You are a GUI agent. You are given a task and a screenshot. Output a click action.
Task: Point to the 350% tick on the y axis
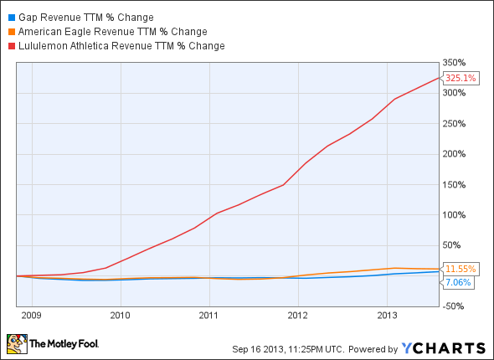tap(455, 63)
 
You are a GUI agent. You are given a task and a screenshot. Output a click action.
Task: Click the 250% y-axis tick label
tap(455, 123)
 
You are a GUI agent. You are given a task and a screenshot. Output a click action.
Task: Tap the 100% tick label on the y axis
tap(455, 214)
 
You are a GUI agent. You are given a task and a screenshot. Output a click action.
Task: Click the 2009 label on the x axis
tap(31, 316)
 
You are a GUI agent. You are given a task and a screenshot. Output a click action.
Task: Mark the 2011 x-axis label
tap(208, 316)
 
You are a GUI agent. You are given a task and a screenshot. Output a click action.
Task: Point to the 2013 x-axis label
tap(386, 316)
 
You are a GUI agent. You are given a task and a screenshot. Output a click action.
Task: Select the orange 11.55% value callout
tap(460, 269)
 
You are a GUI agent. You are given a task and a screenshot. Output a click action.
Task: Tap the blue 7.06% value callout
tap(457, 283)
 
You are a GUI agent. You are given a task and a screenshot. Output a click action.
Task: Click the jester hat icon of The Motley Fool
tap(16, 343)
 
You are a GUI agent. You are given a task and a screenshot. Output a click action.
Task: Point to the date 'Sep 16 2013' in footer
tap(255, 347)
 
